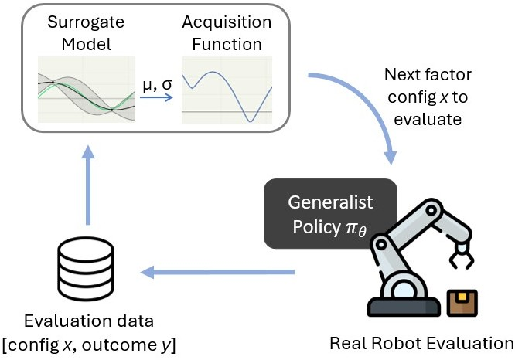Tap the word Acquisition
tap(227, 23)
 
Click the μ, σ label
tap(157, 85)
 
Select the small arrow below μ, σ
tap(156, 97)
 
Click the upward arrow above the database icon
tap(87, 185)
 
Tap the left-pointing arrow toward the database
tap(217, 272)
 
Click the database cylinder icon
tap(86, 269)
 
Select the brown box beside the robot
tap(462, 303)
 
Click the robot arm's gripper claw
tap(461, 256)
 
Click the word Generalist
tap(330, 202)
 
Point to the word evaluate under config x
tap(428, 119)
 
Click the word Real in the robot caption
tap(347, 343)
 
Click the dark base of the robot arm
tap(404, 307)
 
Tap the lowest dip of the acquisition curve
tap(251, 121)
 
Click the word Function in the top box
tap(227, 44)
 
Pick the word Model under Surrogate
tap(86, 44)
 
